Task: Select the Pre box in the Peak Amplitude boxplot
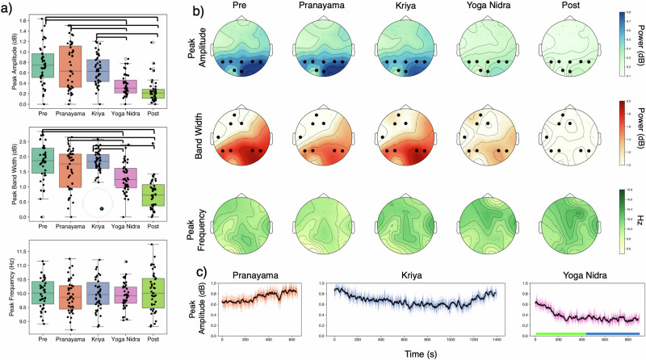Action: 34,61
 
